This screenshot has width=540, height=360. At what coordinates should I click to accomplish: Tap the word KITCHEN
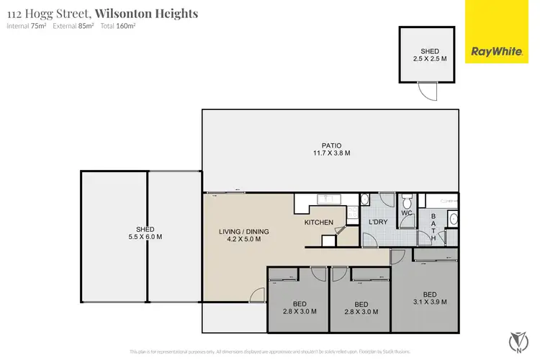tap(318, 222)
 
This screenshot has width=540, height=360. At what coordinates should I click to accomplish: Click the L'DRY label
tap(378, 222)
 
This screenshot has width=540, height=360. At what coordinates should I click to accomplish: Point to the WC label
tap(406, 214)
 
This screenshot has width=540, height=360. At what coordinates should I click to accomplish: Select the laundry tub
tap(364, 199)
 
